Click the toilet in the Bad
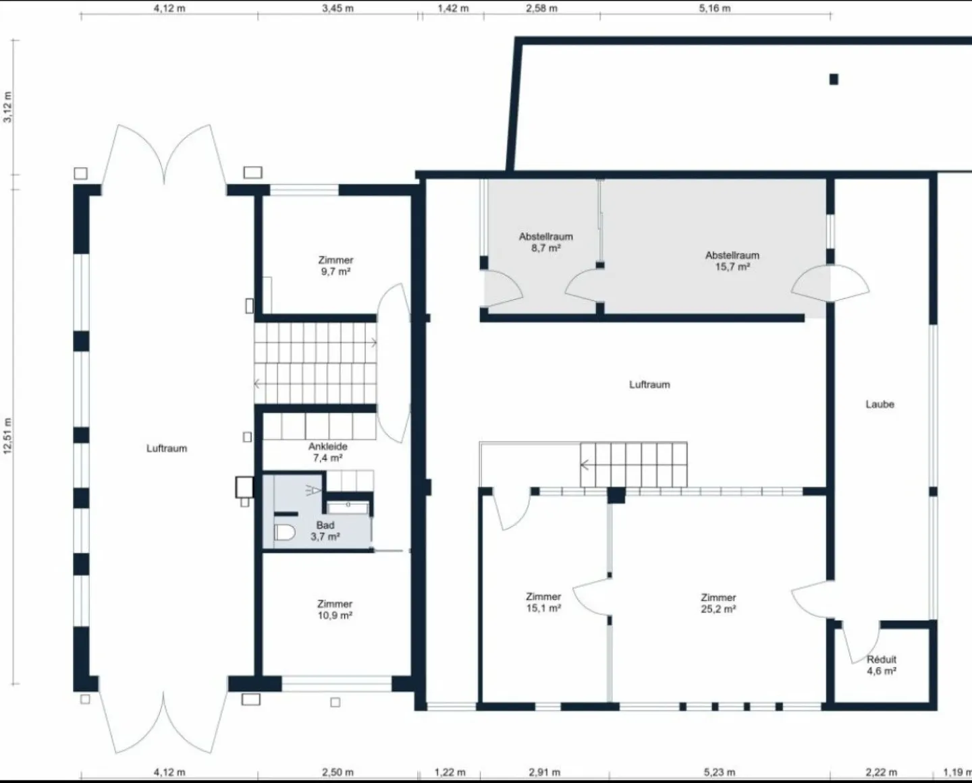(285, 533)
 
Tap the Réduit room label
(882, 665)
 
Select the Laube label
(880, 405)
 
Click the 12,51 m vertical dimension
(7, 436)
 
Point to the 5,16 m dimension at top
(715, 8)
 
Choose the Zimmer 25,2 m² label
(719, 603)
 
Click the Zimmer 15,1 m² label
(543, 602)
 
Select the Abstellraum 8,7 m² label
(545, 242)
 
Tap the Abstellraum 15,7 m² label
(732, 261)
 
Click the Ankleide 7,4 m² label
(328, 453)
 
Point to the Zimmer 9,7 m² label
(335, 266)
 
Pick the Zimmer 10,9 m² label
(335, 610)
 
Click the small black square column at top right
(834, 80)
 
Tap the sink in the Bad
(348, 509)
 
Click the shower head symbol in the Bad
(313, 490)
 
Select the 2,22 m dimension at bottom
(882, 772)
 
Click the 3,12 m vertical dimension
(7, 107)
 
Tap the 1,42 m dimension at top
(453, 8)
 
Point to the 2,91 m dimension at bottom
(545, 772)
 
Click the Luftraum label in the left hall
(167, 448)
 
